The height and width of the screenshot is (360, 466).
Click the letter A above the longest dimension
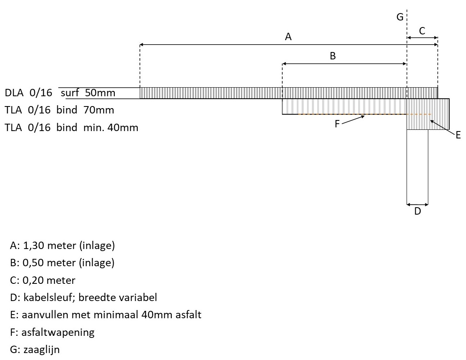point(288,37)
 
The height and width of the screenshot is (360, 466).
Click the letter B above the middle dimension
point(333,56)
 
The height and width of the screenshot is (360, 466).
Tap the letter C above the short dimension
point(422,30)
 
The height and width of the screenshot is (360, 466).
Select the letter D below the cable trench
point(417,211)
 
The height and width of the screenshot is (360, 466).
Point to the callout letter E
point(458,135)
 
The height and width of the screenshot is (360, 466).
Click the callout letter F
point(337,124)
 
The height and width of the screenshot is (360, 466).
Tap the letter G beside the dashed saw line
point(400,17)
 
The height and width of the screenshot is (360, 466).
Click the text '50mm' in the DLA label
point(100,93)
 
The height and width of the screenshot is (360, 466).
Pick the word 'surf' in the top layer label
point(70,93)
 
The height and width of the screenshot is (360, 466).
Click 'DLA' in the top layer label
point(14,93)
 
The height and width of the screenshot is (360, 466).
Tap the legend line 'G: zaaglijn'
point(35,350)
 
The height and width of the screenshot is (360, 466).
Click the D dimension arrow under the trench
point(417,204)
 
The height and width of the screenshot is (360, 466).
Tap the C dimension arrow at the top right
point(422,38)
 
